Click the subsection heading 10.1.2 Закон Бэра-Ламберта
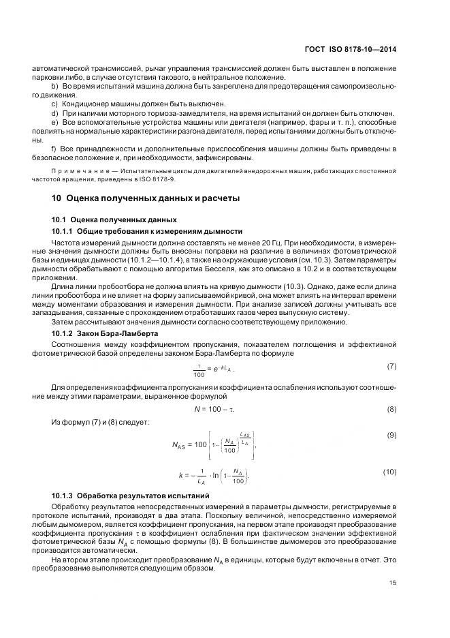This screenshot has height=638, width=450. [x=105, y=334]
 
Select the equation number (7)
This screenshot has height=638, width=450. [x=391, y=367]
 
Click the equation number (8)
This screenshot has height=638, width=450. [x=391, y=409]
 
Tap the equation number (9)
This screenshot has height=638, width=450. [x=391, y=435]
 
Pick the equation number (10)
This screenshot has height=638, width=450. [x=389, y=472]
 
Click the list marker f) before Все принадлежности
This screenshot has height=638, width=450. [x=54, y=148]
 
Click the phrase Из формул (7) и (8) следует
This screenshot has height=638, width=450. [x=100, y=423]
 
